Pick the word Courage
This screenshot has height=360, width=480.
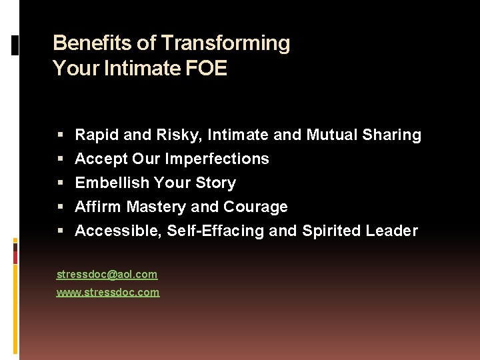point(255,207)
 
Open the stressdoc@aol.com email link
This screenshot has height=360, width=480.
point(107,274)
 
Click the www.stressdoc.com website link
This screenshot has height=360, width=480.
point(108,292)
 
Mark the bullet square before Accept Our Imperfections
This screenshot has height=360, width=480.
point(61,159)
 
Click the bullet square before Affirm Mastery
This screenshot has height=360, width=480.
point(61,207)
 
